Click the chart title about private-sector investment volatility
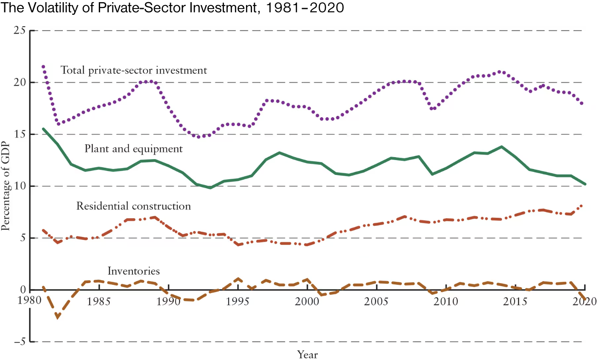point(172,8)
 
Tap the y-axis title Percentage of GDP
point(6,186)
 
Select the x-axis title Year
point(308,354)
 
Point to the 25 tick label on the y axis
point(20,31)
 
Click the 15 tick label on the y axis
point(20,134)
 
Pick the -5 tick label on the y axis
point(19,342)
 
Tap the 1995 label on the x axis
point(238,302)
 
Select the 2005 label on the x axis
point(376,302)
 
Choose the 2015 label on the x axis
point(515,302)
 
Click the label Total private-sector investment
point(134,70)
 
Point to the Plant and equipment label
point(134,149)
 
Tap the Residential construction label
point(134,206)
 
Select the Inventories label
point(134,271)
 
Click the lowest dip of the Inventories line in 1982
point(58,318)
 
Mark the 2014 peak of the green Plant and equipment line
point(502,147)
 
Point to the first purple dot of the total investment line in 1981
point(43,66)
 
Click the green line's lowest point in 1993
point(210,188)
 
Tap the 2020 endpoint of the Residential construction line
point(581,205)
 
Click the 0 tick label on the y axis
point(23,290)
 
